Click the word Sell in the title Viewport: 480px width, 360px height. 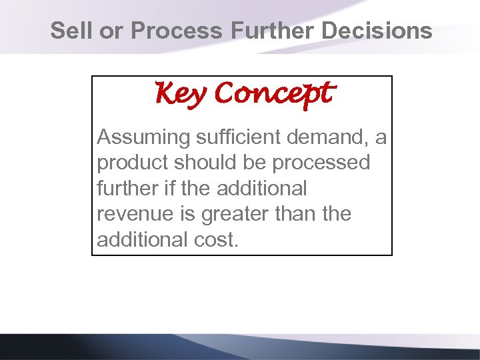click(68, 31)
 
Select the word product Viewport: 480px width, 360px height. click(131, 163)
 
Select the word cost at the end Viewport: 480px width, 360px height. click(214, 240)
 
